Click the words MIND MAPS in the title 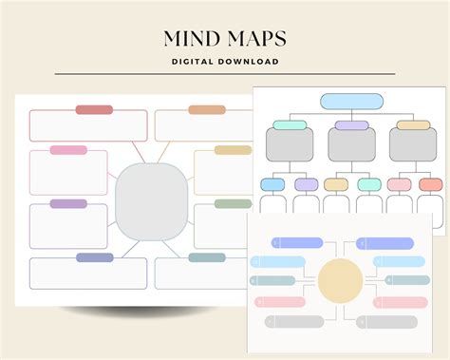(225, 39)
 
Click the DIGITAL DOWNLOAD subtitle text (225, 62)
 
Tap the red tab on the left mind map (94, 109)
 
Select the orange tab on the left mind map (206, 109)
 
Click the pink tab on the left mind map (68, 150)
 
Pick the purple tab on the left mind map (68, 203)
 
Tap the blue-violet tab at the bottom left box (94, 257)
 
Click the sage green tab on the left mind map (233, 203)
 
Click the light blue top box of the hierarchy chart (350, 101)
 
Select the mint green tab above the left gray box (290, 125)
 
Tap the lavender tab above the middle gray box (351, 125)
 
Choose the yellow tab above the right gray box (413, 125)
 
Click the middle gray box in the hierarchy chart (351, 145)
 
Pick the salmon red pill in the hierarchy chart (431, 184)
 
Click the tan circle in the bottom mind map (340, 279)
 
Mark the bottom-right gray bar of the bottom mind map (395, 322)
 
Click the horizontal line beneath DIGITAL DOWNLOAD (225, 74)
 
